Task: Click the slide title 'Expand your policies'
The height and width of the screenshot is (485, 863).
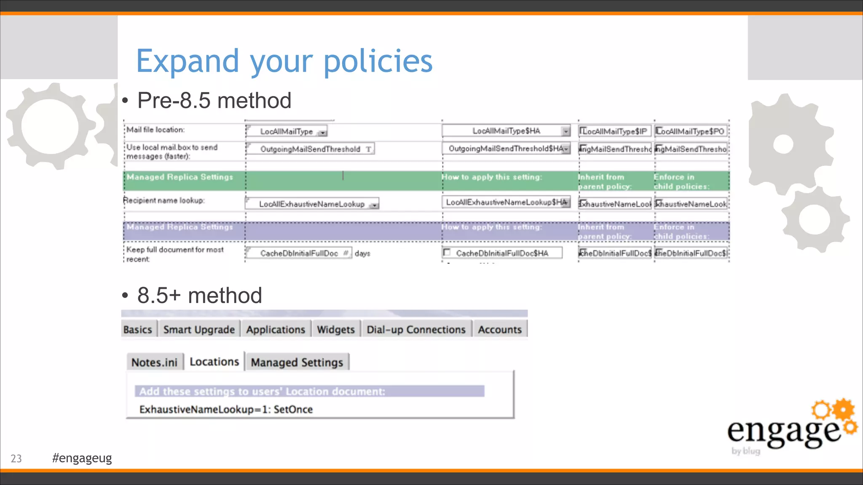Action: [284, 61]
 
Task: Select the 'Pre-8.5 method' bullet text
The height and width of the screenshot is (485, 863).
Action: [214, 101]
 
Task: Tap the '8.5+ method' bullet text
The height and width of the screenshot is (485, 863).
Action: [199, 296]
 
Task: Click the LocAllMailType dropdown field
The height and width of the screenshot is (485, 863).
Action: [287, 131]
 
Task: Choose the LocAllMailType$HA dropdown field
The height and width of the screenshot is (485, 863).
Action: [506, 131]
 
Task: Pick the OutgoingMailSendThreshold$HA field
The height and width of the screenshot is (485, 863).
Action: [506, 149]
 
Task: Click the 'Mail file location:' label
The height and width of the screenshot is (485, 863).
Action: [155, 130]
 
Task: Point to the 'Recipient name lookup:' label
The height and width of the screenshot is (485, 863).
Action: [164, 200]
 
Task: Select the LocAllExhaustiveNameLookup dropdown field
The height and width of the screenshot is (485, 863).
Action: [312, 204]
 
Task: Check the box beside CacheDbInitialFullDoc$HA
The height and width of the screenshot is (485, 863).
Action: [447, 253]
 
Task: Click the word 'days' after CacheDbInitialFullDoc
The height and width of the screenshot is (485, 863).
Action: [362, 253]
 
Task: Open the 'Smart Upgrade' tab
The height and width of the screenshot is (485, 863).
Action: [199, 330]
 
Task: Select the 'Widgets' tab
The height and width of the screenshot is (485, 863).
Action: [336, 330]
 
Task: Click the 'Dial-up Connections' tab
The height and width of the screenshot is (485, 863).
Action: [416, 330]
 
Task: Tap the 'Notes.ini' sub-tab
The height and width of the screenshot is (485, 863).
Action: [154, 362]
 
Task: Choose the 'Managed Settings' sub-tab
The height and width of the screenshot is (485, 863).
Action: [297, 362]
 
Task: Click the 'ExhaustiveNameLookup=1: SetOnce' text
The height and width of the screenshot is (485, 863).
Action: [226, 410]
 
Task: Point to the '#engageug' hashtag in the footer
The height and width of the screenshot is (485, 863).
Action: [82, 458]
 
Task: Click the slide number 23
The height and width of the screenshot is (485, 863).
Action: [16, 458]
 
